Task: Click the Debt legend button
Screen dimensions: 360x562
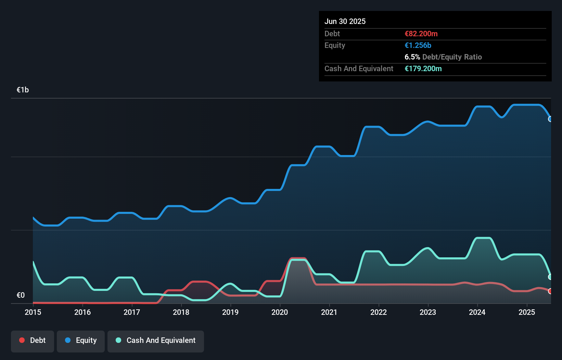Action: pyautogui.click(x=33, y=340)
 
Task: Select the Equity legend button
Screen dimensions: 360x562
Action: pyautogui.click(x=81, y=340)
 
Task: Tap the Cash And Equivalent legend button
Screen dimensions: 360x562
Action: pyautogui.click(x=156, y=340)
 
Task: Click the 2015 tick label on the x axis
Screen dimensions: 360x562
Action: pyautogui.click(x=33, y=312)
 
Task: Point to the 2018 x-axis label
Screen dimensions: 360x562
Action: pyautogui.click(x=181, y=312)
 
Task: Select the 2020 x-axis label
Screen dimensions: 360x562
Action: pyautogui.click(x=280, y=312)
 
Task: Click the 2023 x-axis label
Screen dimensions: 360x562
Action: pyautogui.click(x=428, y=312)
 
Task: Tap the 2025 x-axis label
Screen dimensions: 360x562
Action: pyautogui.click(x=527, y=312)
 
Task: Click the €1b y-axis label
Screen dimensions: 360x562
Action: pyautogui.click(x=23, y=90)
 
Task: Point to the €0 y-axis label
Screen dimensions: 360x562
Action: pyautogui.click(x=21, y=295)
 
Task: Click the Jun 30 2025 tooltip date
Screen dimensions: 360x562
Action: pyautogui.click(x=345, y=21)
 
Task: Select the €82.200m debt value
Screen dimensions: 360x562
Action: pyautogui.click(x=421, y=34)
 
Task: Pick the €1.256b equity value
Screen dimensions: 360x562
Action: pyautogui.click(x=418, y=45)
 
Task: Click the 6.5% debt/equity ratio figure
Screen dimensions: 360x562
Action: pyautogui.click(x=412, y=57)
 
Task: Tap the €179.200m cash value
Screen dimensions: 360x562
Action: pyautogui.click(x=423, y=68)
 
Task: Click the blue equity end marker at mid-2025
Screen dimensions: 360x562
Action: pyautogui.click(x=550, y=119)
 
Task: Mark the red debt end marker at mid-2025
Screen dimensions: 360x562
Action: pyautogui.click(x=550, y=291)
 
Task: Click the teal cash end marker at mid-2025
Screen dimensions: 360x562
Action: pyautogui.click(x=550, y=277)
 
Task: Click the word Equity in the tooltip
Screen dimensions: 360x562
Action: pyautogui.click(x=335, y=45)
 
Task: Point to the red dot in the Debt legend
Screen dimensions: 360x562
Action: pyautogui.click(x=22, y=340)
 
